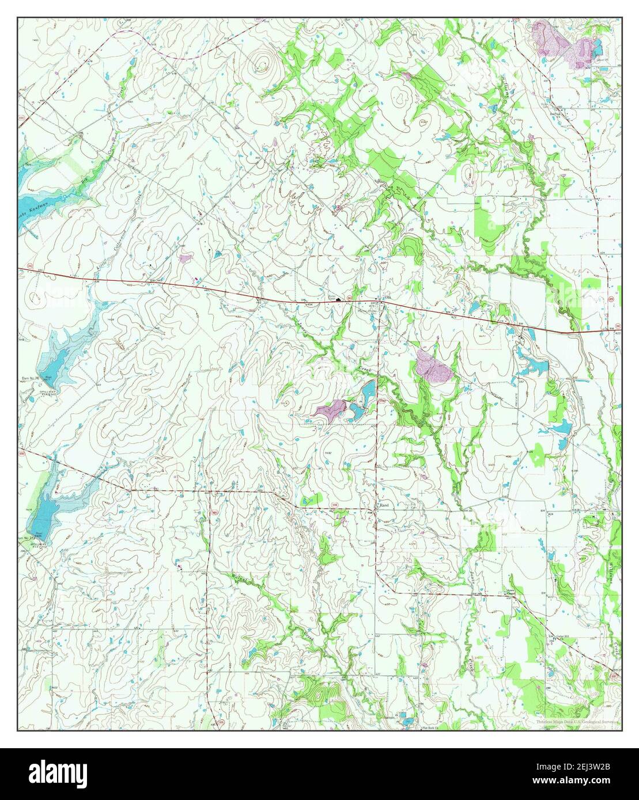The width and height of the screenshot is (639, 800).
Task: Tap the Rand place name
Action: pyautogui.click(x=384, y=505)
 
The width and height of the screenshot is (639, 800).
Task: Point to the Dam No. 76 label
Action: pyautogui.click(x=29, y=378)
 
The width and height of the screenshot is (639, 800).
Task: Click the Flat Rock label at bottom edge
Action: pyautogui.click(x=429, y=727)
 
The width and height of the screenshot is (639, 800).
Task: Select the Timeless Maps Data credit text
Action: pyautogui.click(x=574, y=721)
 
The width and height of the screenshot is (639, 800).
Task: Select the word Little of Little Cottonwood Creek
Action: pyautogui.click(x=101, y=271)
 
